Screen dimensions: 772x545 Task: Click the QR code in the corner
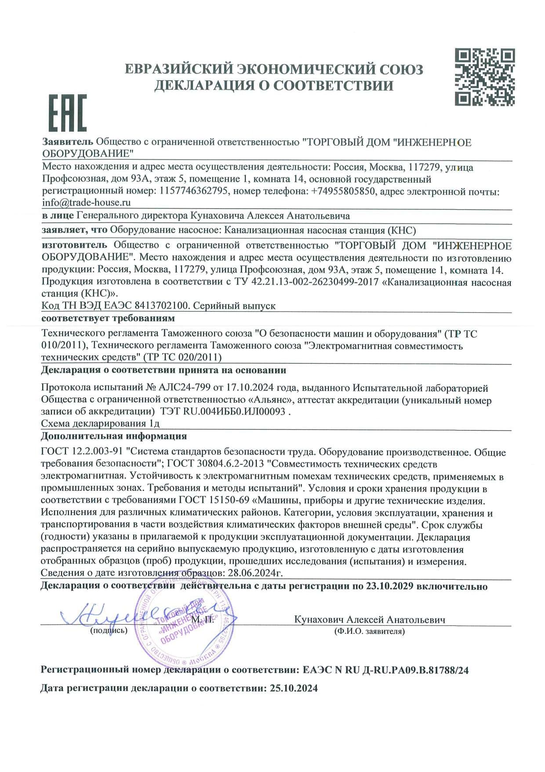[484, 77]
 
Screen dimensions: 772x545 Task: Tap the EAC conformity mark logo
[67, 113]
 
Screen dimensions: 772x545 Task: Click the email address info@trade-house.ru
[87, 203]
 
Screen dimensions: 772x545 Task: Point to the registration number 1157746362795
[194, 191]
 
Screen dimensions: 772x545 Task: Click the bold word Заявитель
[68, 142]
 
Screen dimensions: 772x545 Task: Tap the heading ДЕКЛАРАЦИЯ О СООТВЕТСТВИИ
[273, 85]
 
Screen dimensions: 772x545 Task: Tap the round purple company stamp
[185, 624]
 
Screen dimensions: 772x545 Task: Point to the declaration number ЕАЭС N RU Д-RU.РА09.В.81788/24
[385, 670]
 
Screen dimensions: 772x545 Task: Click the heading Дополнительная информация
[114, 436]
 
